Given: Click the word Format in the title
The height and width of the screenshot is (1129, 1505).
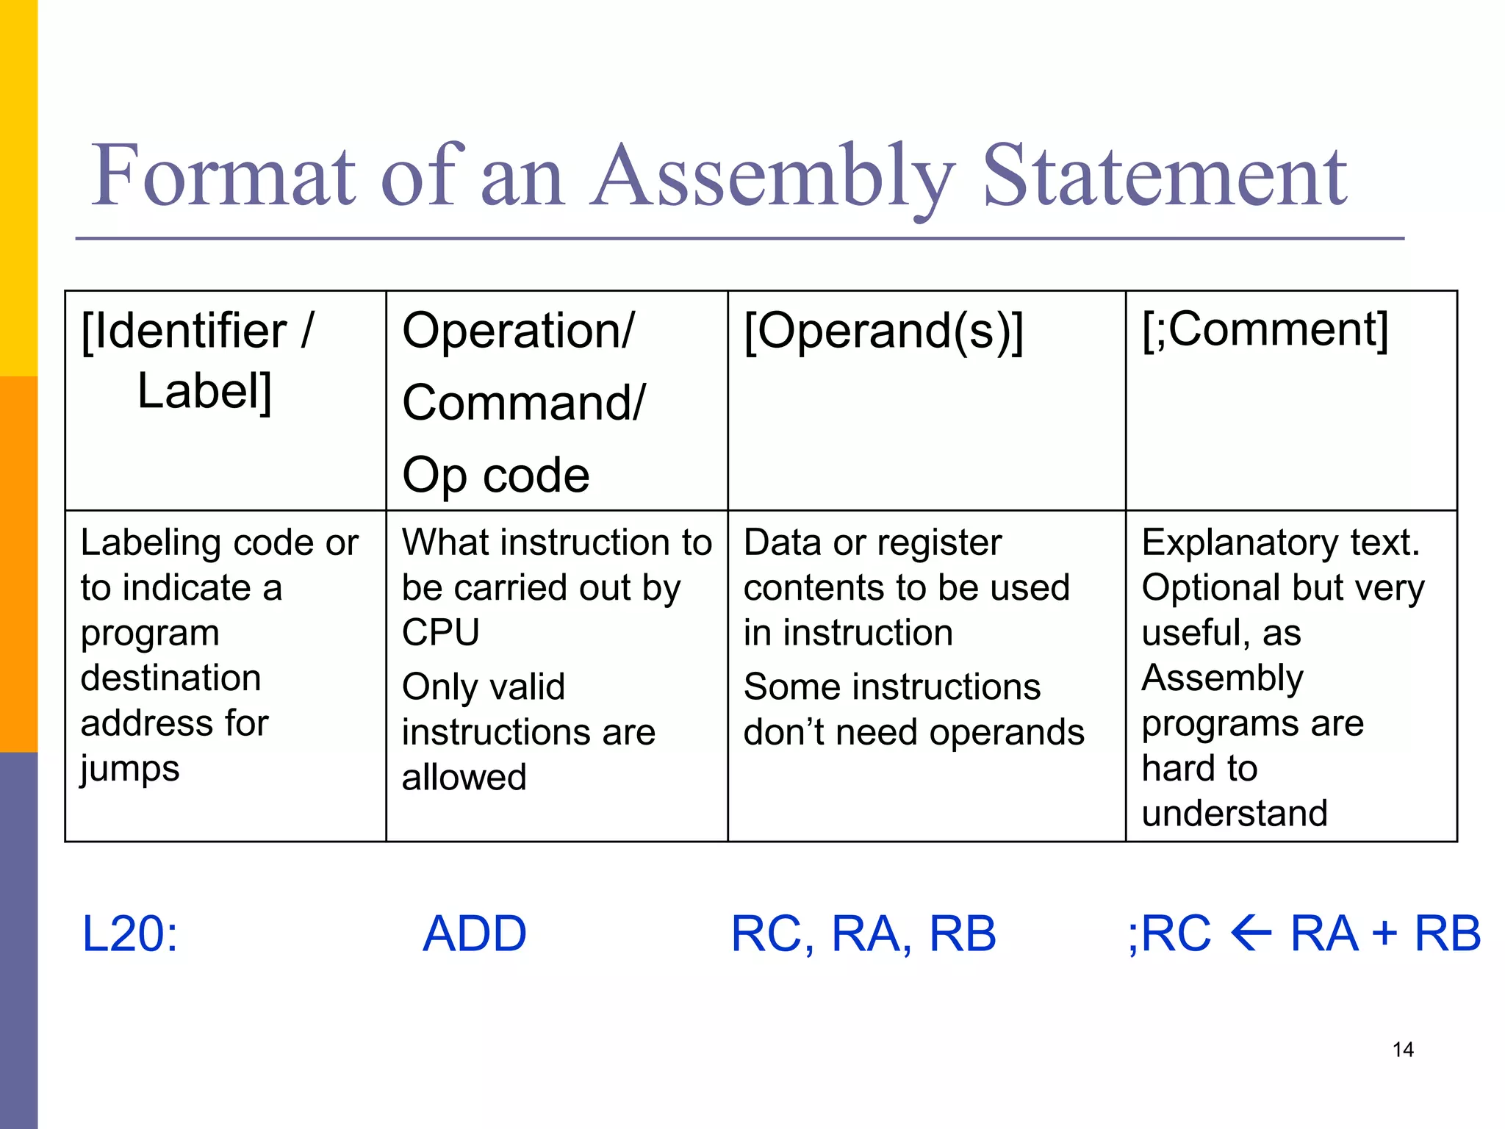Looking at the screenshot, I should tap(223, 176).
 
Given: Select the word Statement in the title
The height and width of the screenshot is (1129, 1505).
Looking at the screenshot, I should tap(1164, 176).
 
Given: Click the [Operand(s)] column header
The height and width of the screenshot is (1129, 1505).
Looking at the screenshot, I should tap(883, 331).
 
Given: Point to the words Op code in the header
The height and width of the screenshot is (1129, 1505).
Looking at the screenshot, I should tap(496, 475).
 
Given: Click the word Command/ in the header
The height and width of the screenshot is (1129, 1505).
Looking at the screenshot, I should tap(523, 403).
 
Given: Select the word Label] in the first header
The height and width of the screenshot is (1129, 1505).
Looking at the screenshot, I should tap(204, 391).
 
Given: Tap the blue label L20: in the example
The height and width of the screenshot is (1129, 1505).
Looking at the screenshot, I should tap(129, 934).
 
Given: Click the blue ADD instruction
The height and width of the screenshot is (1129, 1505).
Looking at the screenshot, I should tap(475, 934).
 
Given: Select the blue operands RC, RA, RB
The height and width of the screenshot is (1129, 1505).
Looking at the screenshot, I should tap(863, 934).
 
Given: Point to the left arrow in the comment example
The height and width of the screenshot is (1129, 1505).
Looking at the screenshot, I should tap(1251, 934).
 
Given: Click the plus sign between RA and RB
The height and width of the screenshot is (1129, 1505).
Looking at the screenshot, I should tap(1384, 934).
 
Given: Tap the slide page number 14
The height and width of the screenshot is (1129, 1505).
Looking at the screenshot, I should tap(1403, 1050).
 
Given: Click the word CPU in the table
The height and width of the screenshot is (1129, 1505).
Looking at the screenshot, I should tap(441, 633).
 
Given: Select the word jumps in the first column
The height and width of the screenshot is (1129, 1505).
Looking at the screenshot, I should tap(130, 770).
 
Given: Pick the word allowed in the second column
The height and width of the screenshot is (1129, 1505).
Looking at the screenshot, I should tap(464, 778).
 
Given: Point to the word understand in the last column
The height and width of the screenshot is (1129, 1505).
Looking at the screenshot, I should tap(1235, 814).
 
